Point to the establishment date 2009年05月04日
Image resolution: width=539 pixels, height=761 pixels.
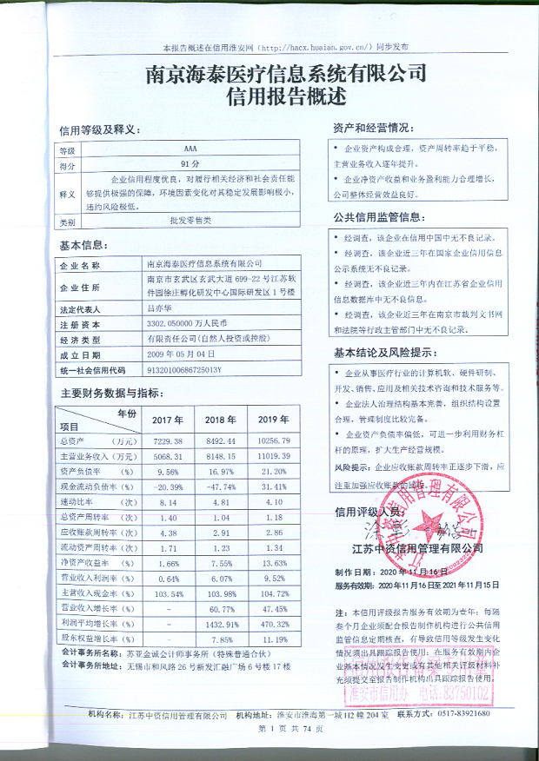coord(180,354)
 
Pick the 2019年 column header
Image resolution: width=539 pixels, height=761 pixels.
coord(274,420)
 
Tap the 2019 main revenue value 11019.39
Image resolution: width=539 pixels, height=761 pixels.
coord(274,455)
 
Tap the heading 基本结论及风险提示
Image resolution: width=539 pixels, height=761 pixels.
coord(383,353)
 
